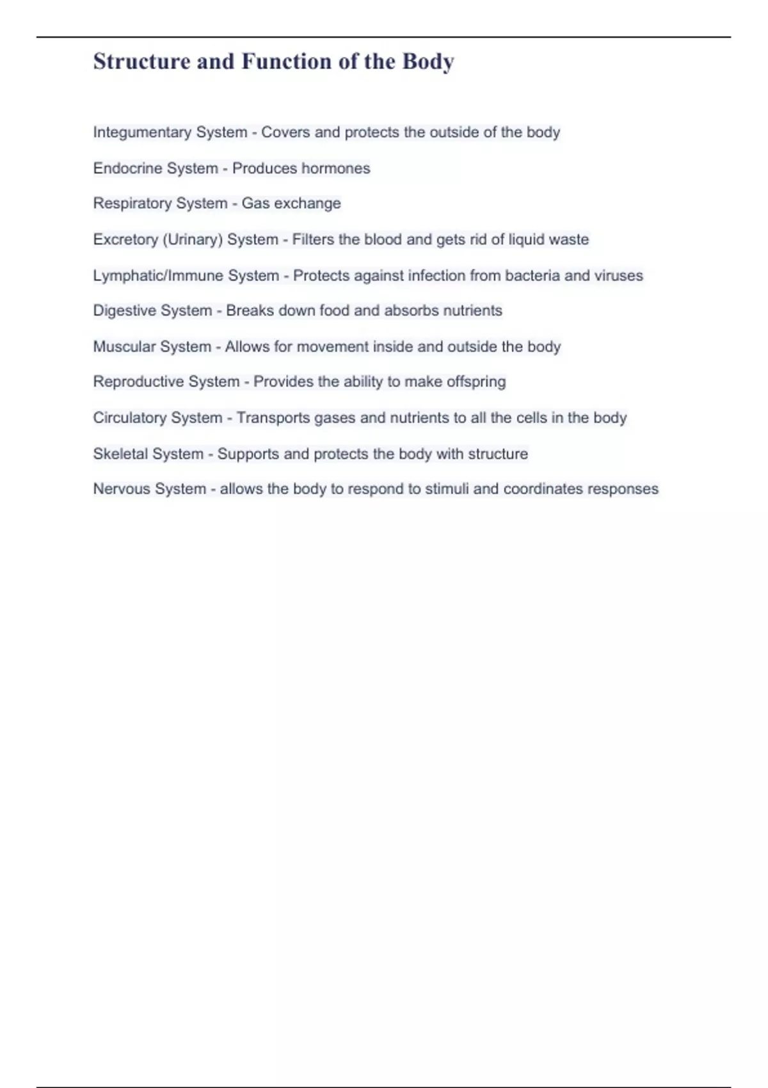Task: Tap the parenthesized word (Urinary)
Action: tap(193, 239)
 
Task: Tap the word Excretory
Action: tap(125, 239)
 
